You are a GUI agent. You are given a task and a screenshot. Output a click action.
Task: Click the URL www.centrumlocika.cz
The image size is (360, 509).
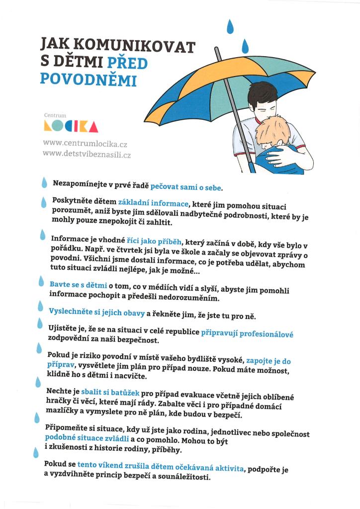[85, 144]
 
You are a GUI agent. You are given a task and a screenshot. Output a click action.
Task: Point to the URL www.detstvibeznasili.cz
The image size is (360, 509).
[87, 155]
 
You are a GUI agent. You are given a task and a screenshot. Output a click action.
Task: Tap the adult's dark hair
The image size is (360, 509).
[264, 94]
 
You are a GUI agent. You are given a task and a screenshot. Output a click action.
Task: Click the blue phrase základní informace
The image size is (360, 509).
[153, 203]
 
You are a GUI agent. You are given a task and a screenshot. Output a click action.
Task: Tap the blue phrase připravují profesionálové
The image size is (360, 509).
[247, 334]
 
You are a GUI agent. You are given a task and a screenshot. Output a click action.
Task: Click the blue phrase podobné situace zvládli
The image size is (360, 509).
[87, 438]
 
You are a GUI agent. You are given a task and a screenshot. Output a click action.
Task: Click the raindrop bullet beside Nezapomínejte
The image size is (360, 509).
[44, 182]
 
